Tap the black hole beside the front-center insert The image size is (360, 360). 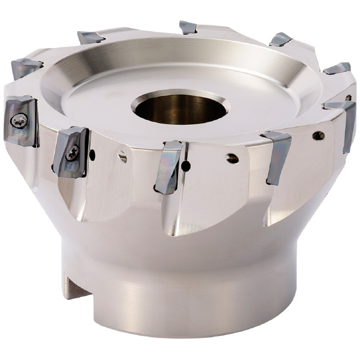click(x=187, y=165)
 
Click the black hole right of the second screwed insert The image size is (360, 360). click(x=91, y=155)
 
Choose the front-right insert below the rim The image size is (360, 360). click(x=277, y=157)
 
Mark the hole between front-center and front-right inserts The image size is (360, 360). click(x=232, y=159)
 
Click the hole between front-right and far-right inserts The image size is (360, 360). click(x=318, y=136)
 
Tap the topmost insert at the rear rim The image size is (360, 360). click(x=188, y=27)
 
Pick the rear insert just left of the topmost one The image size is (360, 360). click(x=91, y=37)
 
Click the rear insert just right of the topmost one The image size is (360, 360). click(x=280, y=40)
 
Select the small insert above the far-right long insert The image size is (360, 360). click(x=338, y=68)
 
